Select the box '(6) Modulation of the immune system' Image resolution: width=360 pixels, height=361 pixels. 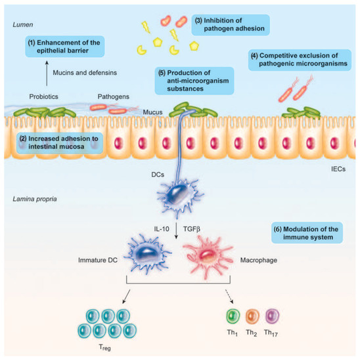point(307,232)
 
